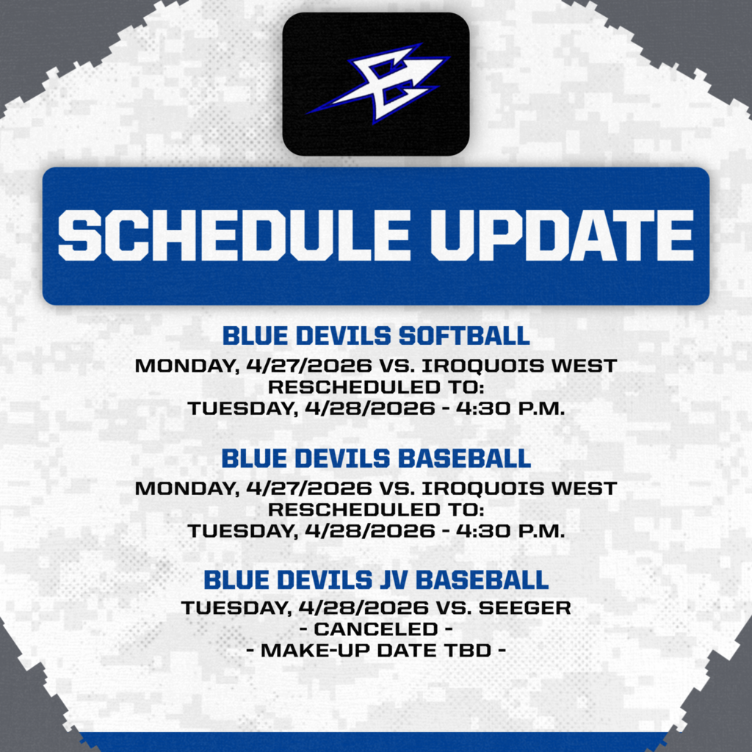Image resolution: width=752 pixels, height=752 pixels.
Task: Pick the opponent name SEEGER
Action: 534,608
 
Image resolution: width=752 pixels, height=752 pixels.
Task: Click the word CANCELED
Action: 375,629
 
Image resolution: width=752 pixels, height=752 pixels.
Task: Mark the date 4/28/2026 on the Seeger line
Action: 375,608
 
